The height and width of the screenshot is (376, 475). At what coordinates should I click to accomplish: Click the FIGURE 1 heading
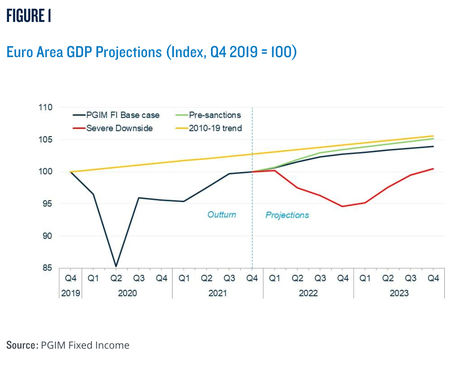pos(29,16)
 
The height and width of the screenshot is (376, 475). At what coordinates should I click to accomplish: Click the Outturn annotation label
pos(222,215)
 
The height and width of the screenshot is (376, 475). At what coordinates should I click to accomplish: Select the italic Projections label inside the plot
pos(287,215)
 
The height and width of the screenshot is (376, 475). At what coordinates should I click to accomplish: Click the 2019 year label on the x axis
pos(71,293)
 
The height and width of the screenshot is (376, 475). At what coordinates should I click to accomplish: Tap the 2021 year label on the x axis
pos(218,293)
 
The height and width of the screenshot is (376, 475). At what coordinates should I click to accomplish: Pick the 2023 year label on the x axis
pos(399,293)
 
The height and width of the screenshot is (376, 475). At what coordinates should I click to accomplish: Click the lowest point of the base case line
pos(116,266)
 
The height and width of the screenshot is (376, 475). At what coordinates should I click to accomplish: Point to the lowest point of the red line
pos(342,206)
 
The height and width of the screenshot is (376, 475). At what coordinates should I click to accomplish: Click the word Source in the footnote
pos(22,345)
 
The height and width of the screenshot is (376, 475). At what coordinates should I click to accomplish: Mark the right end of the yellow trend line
pos(433,136)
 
